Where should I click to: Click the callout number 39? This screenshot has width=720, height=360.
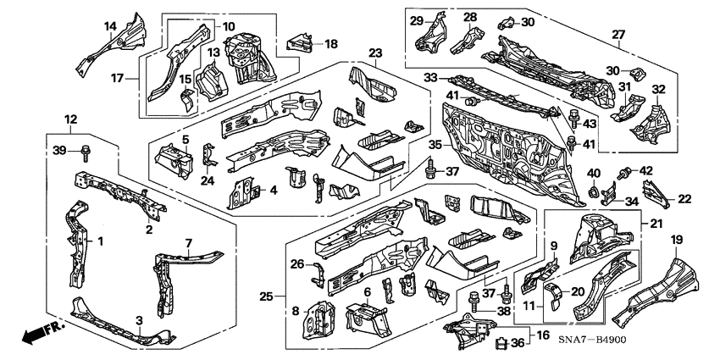[58, 150]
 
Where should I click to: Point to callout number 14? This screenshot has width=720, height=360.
[110, 26]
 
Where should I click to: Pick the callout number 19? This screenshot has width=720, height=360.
[676, 240]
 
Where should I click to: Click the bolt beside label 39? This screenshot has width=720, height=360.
[86, 153]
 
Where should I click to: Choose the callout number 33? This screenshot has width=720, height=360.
[430, 78]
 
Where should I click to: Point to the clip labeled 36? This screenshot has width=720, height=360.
[501, 343]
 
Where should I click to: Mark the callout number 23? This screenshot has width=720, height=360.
[375, 53]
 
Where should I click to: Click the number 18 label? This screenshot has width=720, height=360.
[330, 43]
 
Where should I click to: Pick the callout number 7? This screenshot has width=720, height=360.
[188, 243]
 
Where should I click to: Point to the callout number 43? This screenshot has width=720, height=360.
[591, 125]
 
